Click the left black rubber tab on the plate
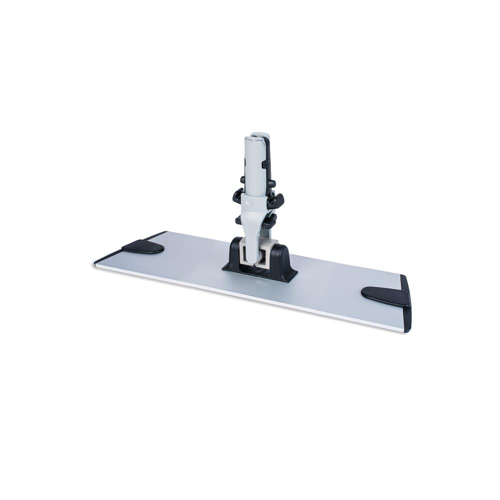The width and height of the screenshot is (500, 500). (142, 246)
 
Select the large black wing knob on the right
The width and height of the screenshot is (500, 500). (276, 201)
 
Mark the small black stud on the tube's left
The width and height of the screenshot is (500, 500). (242, 179)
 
